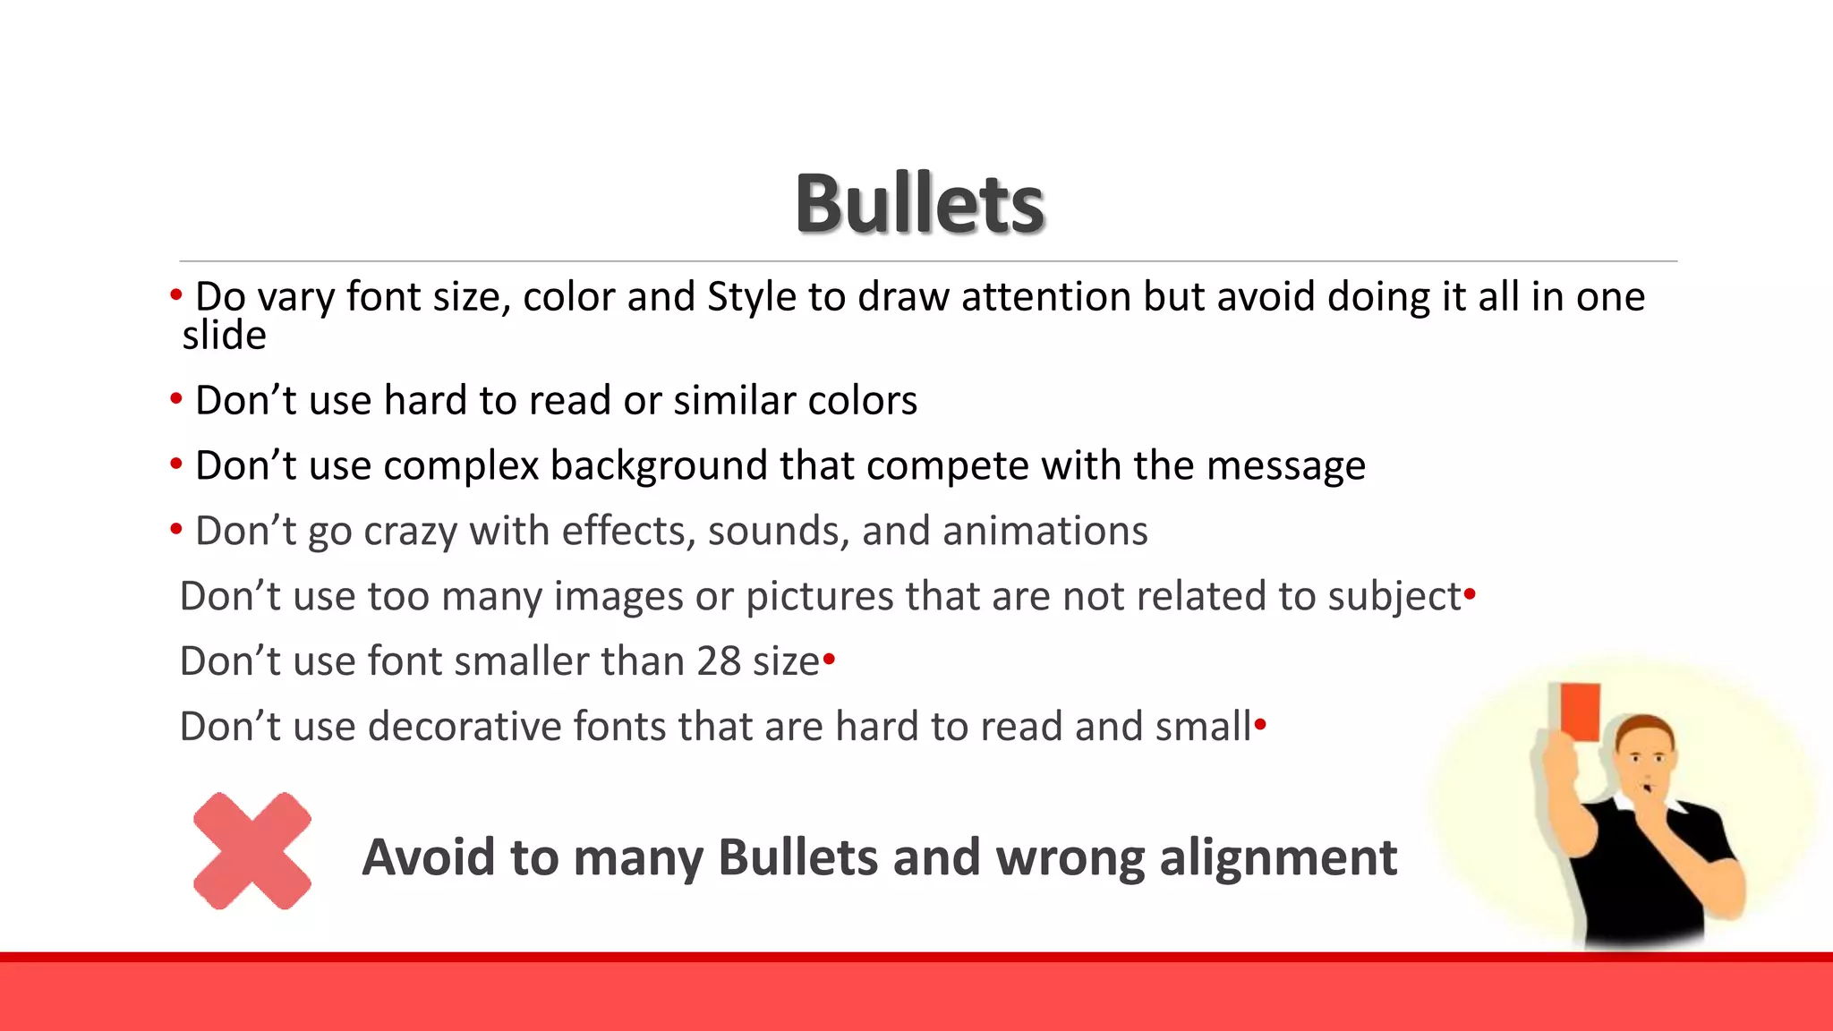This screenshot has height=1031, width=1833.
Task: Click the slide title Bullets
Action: (920, 204)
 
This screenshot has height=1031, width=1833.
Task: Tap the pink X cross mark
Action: (252, 851)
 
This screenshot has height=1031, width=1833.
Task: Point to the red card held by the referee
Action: (1580, 712)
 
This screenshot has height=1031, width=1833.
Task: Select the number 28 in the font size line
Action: (719, 661)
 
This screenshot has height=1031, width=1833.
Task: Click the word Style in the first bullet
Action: (751, 297)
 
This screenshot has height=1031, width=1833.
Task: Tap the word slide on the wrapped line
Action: (224, 336)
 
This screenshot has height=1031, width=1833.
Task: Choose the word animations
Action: (1045, 531)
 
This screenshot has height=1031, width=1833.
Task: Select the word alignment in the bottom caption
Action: (1277, 857)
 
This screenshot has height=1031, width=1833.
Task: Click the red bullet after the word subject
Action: (1470, 593)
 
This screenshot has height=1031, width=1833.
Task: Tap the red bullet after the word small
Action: (1260, 723)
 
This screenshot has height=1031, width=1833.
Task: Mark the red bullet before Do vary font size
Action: (176, 294)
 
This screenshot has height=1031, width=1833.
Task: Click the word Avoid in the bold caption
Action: (428, 857)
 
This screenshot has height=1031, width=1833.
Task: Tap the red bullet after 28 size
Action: (829, 660)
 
